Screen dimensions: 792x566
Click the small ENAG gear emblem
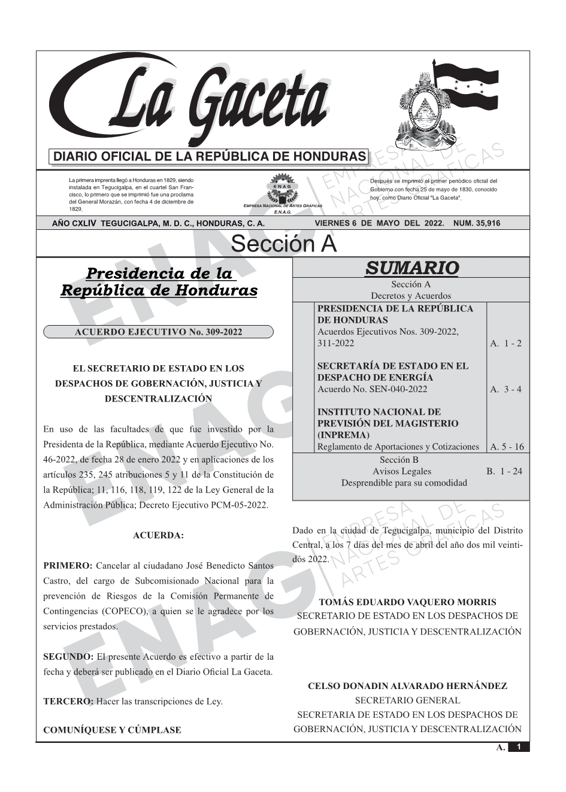(x=283, y=188)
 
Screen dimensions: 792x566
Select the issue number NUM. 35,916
(x=477, y=223)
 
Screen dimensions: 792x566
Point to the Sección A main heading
(x=283, y=244)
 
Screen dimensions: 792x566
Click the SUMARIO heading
(x=411, y=268)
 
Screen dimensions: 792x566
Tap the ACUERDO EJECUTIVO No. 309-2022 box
(x=158, y=332)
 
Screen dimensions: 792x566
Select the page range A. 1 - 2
(x=506, y=343)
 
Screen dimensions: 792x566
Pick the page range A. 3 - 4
(x=506, y=389)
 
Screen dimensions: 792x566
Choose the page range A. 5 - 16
(x=507, y=447)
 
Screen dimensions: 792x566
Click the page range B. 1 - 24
(x=504, y=471)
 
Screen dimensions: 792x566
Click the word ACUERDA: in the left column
(x=158, y=535)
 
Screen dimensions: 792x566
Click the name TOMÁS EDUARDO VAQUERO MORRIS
(x=407, y=602)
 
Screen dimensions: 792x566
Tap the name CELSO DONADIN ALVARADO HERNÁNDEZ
(x=407, y=686)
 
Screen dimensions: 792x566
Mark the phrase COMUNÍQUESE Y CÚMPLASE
(x=112, y=730)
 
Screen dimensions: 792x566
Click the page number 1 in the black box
(x=519, y=747)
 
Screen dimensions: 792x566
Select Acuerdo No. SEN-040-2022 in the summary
(x=373, y=389)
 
